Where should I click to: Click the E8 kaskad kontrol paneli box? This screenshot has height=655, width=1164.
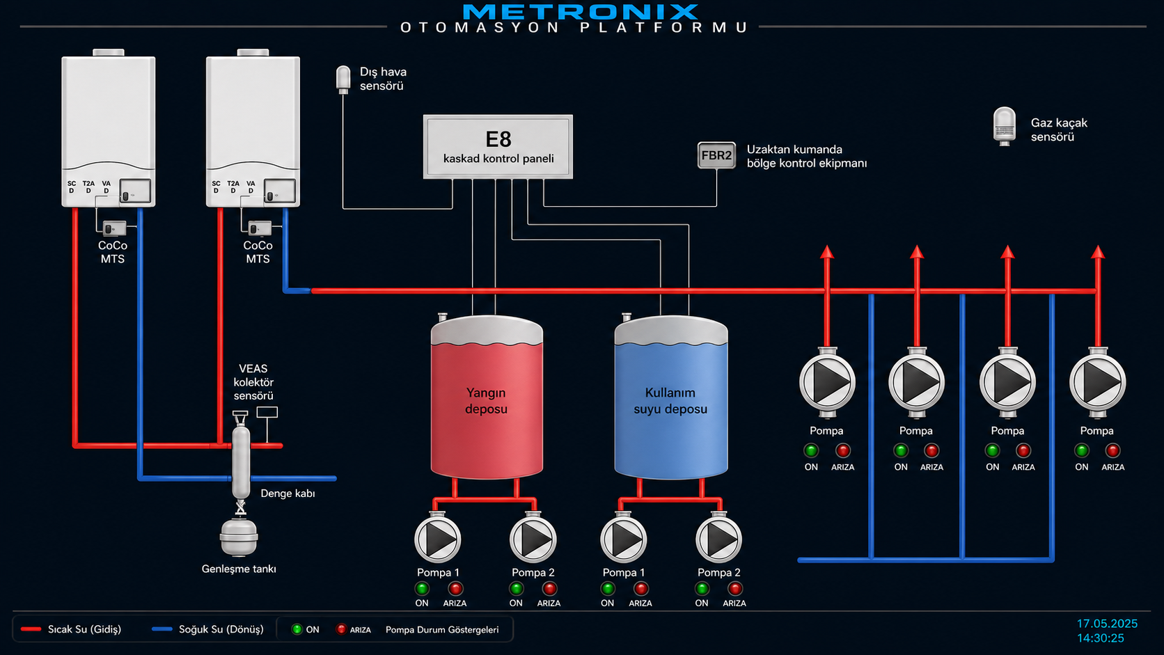(498, 147)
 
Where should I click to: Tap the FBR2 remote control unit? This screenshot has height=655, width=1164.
(716, 155)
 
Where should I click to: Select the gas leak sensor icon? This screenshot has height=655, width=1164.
(1005, 126)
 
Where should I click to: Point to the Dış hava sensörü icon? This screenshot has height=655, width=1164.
(343, 79)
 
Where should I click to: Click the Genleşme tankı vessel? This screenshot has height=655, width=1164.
(239, 537)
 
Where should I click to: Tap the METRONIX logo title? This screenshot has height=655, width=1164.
(581, 11)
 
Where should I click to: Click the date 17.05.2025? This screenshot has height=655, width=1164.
(1107, 623)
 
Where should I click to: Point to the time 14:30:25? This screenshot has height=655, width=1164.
(1100, 638)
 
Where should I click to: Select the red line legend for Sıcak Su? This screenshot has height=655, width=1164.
(31, 629)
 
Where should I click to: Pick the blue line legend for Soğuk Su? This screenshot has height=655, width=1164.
(162, 629)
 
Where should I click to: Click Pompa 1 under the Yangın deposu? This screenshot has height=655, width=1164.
(437, 539)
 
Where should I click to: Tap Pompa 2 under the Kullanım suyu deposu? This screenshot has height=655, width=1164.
(718, 539)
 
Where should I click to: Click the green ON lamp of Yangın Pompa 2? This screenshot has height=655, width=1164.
(516, 588)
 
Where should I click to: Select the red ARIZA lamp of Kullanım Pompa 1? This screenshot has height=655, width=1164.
(640, 588)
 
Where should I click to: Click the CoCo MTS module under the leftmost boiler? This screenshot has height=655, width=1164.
(113, 228)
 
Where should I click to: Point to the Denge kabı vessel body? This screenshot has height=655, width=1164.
(241, 461)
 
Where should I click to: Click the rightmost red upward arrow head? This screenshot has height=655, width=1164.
(1097, 252)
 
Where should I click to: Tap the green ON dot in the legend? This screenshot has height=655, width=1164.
(297, 629)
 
